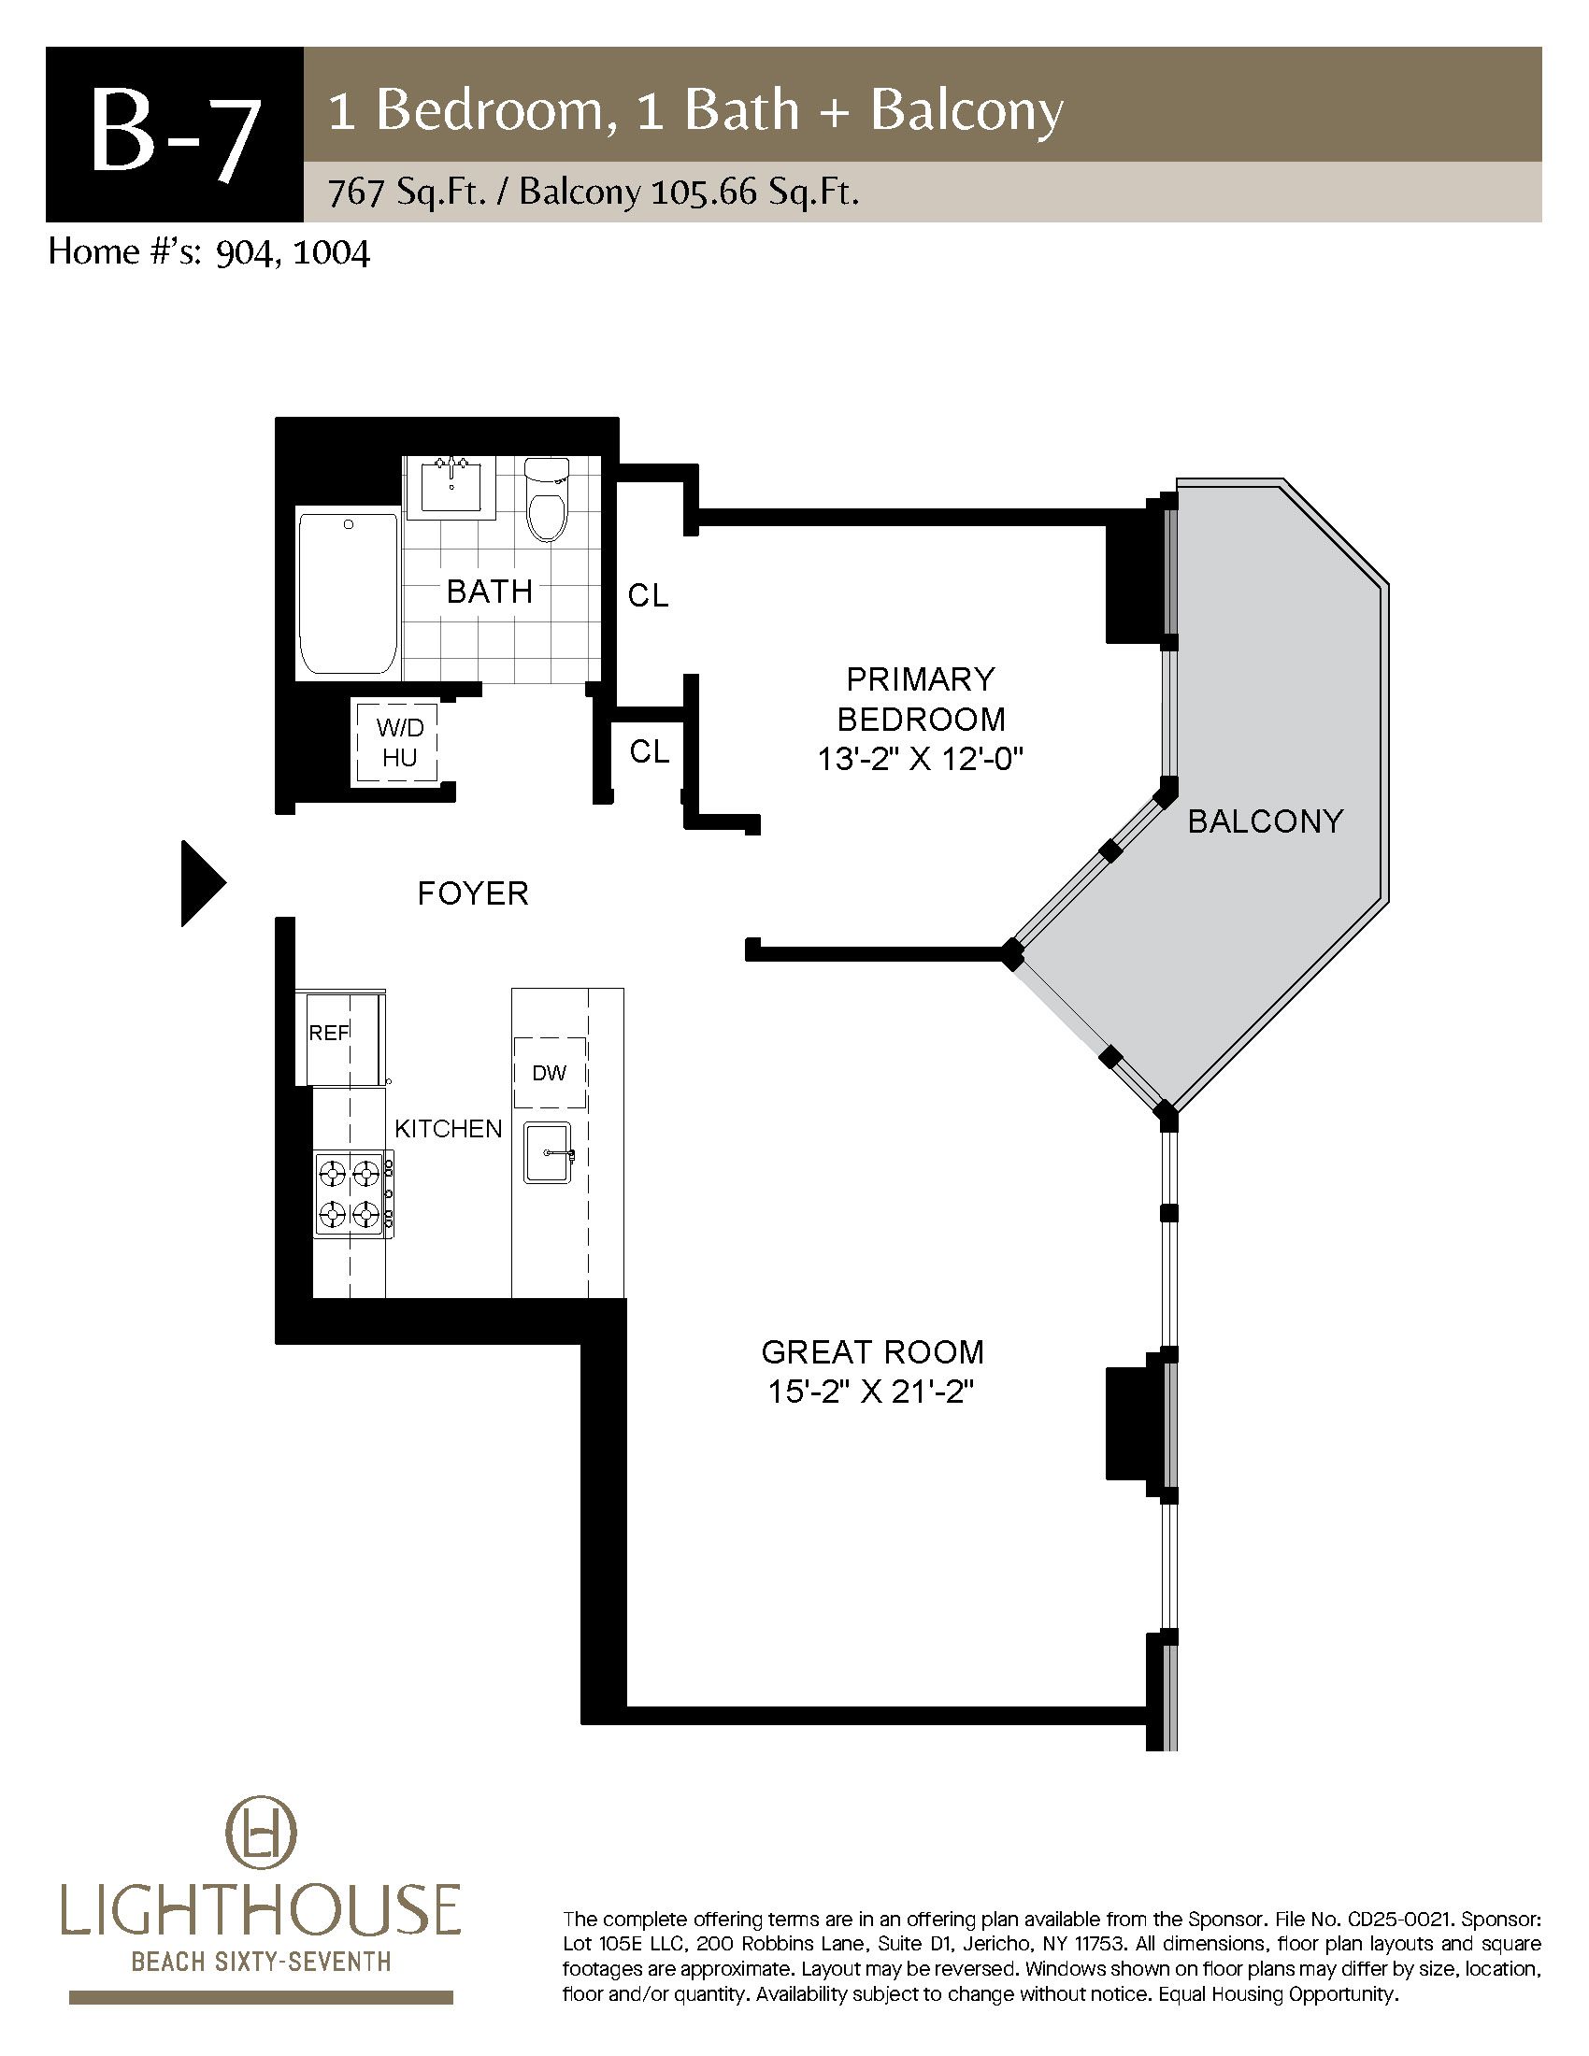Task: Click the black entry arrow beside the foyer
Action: (x=203, y=883)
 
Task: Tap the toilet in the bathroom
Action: (x=546, y=500)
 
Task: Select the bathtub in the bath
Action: (x=348, y=593)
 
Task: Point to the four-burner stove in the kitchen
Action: (x=354, y=1193)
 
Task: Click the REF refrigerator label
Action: (x=328, y=1033)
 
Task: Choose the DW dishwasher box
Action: (x=550, y=1073)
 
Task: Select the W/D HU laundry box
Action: (x=399, y=743)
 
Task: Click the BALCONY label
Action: (x=1265, y=821)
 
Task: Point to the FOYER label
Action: (x=473, y=892)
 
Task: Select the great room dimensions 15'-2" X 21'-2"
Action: (x=871, y=1392)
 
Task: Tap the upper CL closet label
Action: (x=649, y=595)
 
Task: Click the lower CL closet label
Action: (x=649, y=751)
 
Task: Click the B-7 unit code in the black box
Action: (x=174, y=135)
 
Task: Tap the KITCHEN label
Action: (x=448, y=1129)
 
